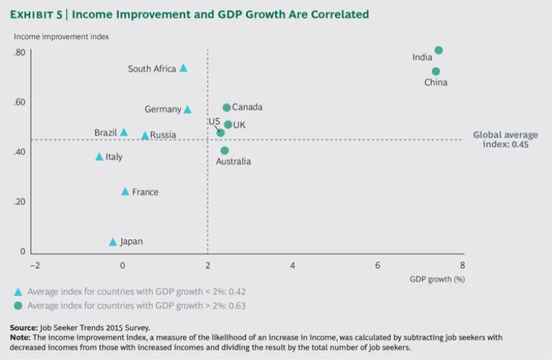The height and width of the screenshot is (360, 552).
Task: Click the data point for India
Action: [x=438, y=50]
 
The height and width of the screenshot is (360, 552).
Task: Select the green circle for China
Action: [x=436, y=71]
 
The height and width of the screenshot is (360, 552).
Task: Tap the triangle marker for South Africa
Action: [x=183, y=68]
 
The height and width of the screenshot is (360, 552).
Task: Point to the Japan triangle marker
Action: [x=113, y=242]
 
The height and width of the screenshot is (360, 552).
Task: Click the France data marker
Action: [x=125, y=192]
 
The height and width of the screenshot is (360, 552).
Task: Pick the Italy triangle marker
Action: [x=99, y=157]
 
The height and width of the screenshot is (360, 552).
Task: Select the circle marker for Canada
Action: [x=226, y=108]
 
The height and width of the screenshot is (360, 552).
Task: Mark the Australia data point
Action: [x=224, y=150]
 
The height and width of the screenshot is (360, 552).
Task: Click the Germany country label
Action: [x=162, y=110]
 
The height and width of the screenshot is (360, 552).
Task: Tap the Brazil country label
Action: [x=105, y=133]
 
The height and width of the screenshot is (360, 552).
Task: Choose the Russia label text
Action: [x=163, y=135]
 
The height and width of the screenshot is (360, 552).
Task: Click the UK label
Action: [x=239, y=125]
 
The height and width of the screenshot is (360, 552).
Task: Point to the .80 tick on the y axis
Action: [x=19, y=52]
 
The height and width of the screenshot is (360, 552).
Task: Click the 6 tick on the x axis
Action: [x=377, y=265]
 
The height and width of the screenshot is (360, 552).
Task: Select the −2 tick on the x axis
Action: [x=34, y=265]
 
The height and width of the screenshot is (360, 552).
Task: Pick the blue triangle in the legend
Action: [x=18, y=292]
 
